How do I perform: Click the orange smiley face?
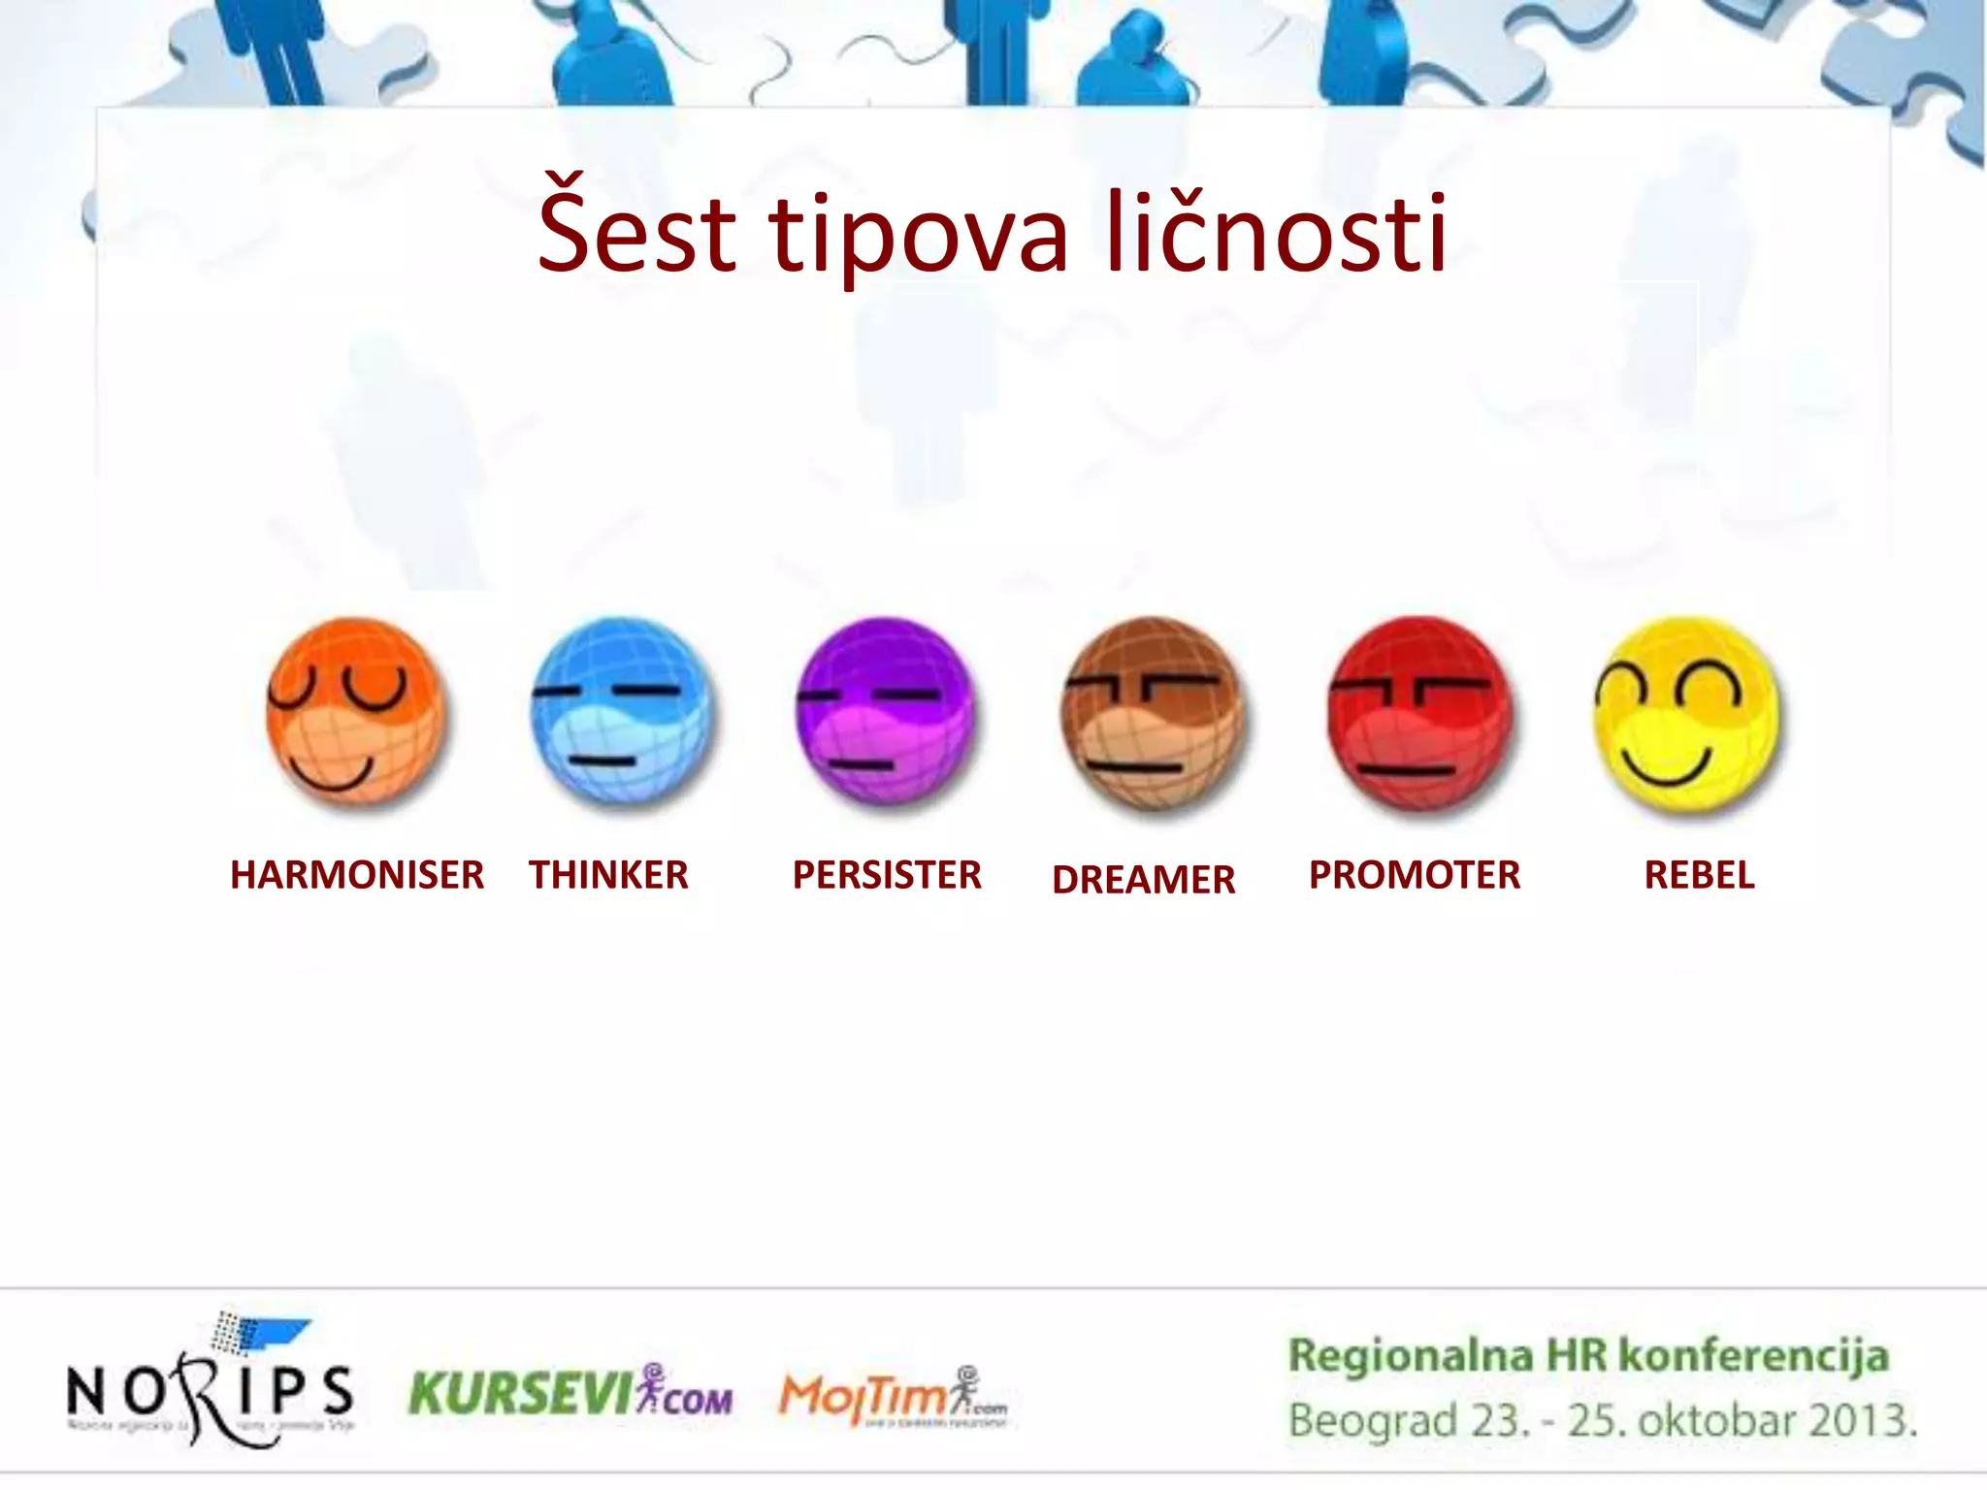(x=356, y=712)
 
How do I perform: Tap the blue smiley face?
(x=622, y=712)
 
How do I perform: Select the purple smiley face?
(x=886, y=712)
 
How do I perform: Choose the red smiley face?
(x=1419, y=714)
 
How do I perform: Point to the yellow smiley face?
(x=1686, y=714)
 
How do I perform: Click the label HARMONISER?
(x=356, y=875)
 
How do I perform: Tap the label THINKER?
(x=608, y=875)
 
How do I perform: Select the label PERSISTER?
(x=887, y=875)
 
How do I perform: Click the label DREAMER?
(x=1143, y=880)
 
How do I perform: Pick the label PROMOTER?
(x=1414, y=875)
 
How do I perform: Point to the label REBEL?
(x=1699, y=875)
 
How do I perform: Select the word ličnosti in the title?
(x=1277, y=231)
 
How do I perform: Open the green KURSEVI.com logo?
(x=570, y=1393)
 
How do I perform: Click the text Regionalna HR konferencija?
(x=1588, y=1356)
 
